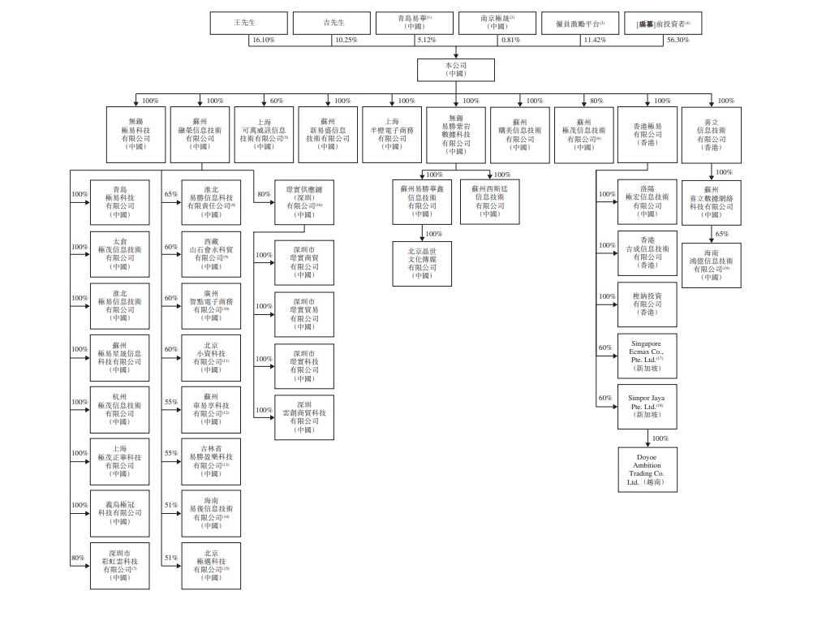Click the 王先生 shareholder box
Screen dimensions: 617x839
249,23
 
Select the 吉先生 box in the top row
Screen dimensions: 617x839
332,23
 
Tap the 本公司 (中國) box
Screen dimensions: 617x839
455,69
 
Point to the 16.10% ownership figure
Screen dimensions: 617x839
263,40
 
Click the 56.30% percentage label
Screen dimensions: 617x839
677,40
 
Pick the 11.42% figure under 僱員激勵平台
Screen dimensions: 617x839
595,40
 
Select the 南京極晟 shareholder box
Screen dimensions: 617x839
497,23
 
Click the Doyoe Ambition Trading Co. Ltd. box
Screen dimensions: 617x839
647,470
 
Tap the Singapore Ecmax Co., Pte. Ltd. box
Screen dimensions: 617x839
647,356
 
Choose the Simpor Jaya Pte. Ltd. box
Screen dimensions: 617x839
647,407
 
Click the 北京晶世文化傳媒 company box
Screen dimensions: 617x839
422,263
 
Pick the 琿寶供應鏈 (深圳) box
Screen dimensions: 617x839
304,201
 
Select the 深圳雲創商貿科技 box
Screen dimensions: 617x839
304,417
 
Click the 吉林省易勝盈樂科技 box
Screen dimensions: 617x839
211,462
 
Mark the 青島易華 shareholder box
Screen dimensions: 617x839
415,23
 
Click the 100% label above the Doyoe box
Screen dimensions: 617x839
660,438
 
